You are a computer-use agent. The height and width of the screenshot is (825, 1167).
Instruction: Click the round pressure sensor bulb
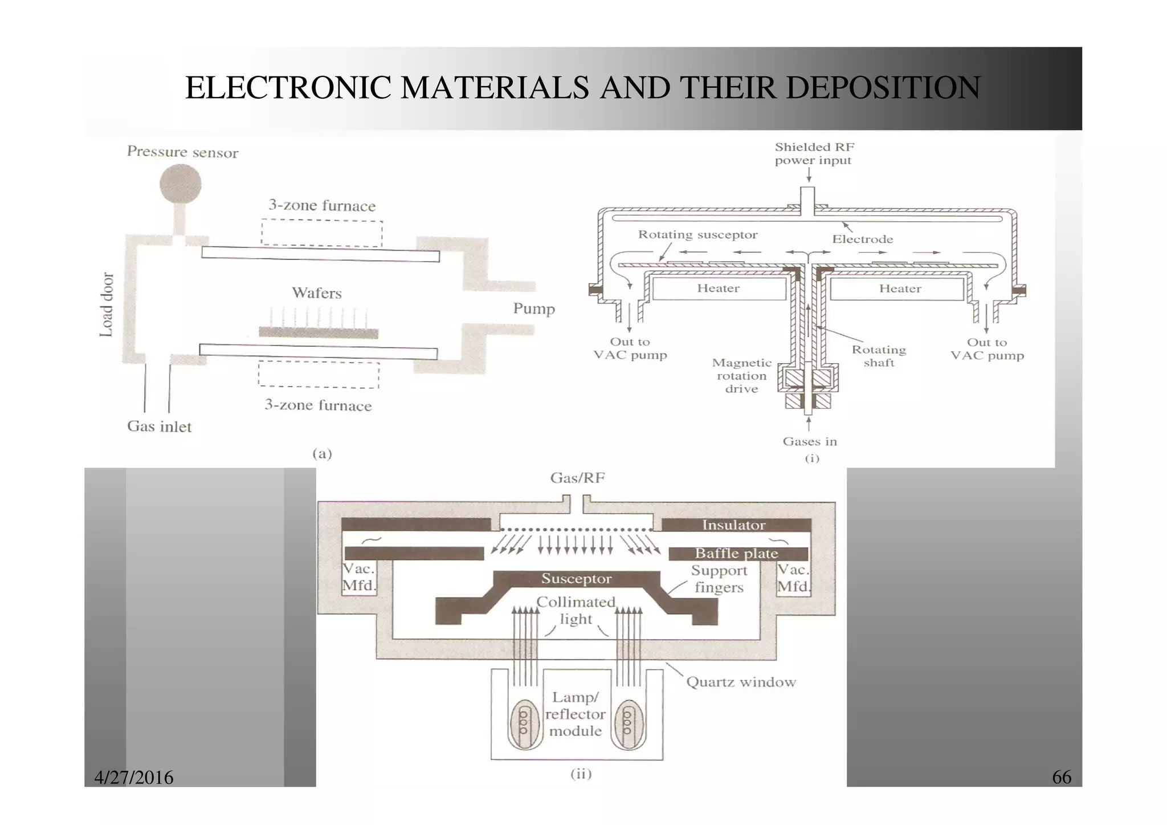coord(180,184)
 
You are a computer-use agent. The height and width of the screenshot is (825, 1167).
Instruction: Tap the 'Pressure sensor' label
coord(182,152)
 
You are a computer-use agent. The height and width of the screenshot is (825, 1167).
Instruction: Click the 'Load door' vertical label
coord(107,304)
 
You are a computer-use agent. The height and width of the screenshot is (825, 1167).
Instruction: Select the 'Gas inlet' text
coord(159,426)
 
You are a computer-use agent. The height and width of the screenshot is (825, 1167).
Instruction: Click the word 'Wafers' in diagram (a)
coord(317,293)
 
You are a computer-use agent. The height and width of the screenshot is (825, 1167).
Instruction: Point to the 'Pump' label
coord(533,308)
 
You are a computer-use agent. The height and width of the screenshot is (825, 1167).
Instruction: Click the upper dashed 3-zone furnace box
coord(322,233)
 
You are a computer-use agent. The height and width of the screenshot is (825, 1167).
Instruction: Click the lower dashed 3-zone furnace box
coord(319,375)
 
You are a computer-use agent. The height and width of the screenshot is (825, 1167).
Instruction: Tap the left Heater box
coord(719,288)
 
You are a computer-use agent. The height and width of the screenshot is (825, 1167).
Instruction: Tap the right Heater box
coord(899,288)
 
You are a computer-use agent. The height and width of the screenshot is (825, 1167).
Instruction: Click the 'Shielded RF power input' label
coord(814,154)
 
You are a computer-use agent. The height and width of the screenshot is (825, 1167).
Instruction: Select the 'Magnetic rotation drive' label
coord(741,376)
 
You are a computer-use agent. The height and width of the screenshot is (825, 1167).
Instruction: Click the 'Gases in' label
coord(809,441)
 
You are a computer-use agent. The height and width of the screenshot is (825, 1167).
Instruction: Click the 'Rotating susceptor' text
coord(697,234)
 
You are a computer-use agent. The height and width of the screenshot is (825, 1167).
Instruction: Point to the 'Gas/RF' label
coord(577,478)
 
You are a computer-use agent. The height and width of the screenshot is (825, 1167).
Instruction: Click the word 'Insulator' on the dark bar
coord(733,525)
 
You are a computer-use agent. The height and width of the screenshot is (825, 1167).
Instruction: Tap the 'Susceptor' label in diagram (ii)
coord(576,579)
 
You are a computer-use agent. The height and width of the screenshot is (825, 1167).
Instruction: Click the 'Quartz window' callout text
coord(741,682)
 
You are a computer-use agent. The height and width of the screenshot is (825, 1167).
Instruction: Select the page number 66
coord(1061,777)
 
